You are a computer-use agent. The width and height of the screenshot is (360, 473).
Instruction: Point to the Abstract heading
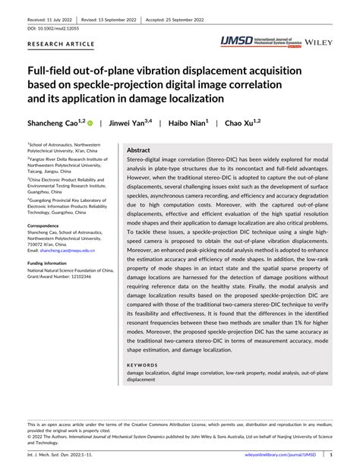click(x=138, y=151)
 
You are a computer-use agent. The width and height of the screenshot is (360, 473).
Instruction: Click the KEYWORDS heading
click(x=144, y=364)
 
